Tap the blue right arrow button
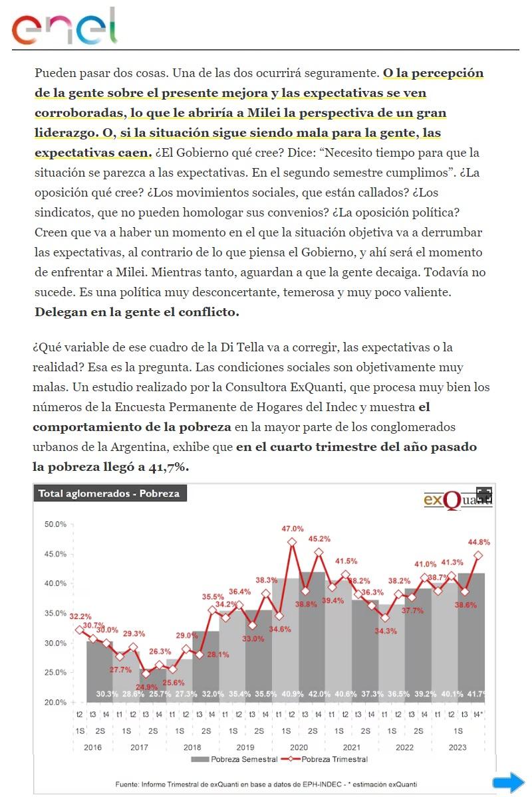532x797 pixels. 509,782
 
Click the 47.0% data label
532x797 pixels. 293,529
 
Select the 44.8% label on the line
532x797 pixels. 479,542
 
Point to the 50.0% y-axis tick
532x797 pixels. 55,524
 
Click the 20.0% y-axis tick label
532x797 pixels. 55,702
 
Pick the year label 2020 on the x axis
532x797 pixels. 298,747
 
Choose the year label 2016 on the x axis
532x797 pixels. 92,747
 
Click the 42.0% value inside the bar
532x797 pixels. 319,694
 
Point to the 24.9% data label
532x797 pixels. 146,687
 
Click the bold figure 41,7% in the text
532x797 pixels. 165,467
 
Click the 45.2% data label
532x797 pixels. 319,539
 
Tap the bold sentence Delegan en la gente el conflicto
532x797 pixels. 136,311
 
